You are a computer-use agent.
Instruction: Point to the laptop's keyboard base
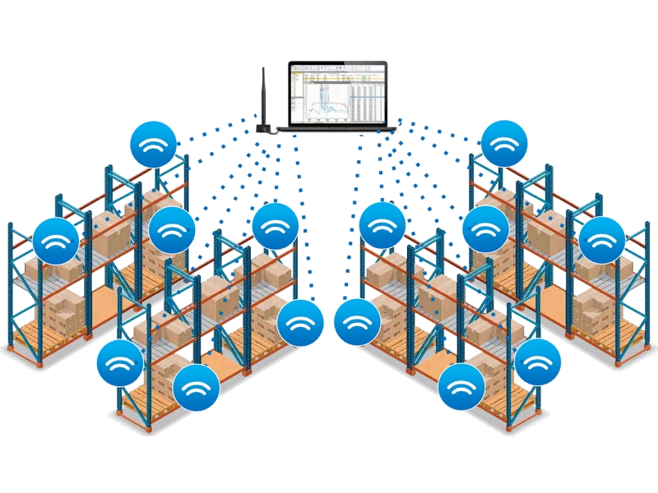(337, 128)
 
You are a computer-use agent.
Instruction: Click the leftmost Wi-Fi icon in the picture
(56, 241)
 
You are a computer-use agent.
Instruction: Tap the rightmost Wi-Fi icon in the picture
(602, 241)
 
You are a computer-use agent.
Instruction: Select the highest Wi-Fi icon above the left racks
(154, 145)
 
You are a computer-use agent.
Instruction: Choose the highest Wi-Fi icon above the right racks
(504, 145)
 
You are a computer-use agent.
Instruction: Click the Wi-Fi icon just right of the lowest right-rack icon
(537, 362)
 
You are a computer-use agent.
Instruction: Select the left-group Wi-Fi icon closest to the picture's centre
(300, 323)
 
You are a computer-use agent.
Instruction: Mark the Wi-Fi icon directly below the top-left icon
(171, 229)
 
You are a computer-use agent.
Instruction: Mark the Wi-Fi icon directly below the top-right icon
(485, 229)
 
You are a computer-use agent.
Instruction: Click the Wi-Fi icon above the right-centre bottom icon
(382, 225)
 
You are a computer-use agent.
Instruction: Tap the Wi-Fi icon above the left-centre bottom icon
(276, 225)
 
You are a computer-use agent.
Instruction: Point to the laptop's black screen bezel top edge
(337, 62)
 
